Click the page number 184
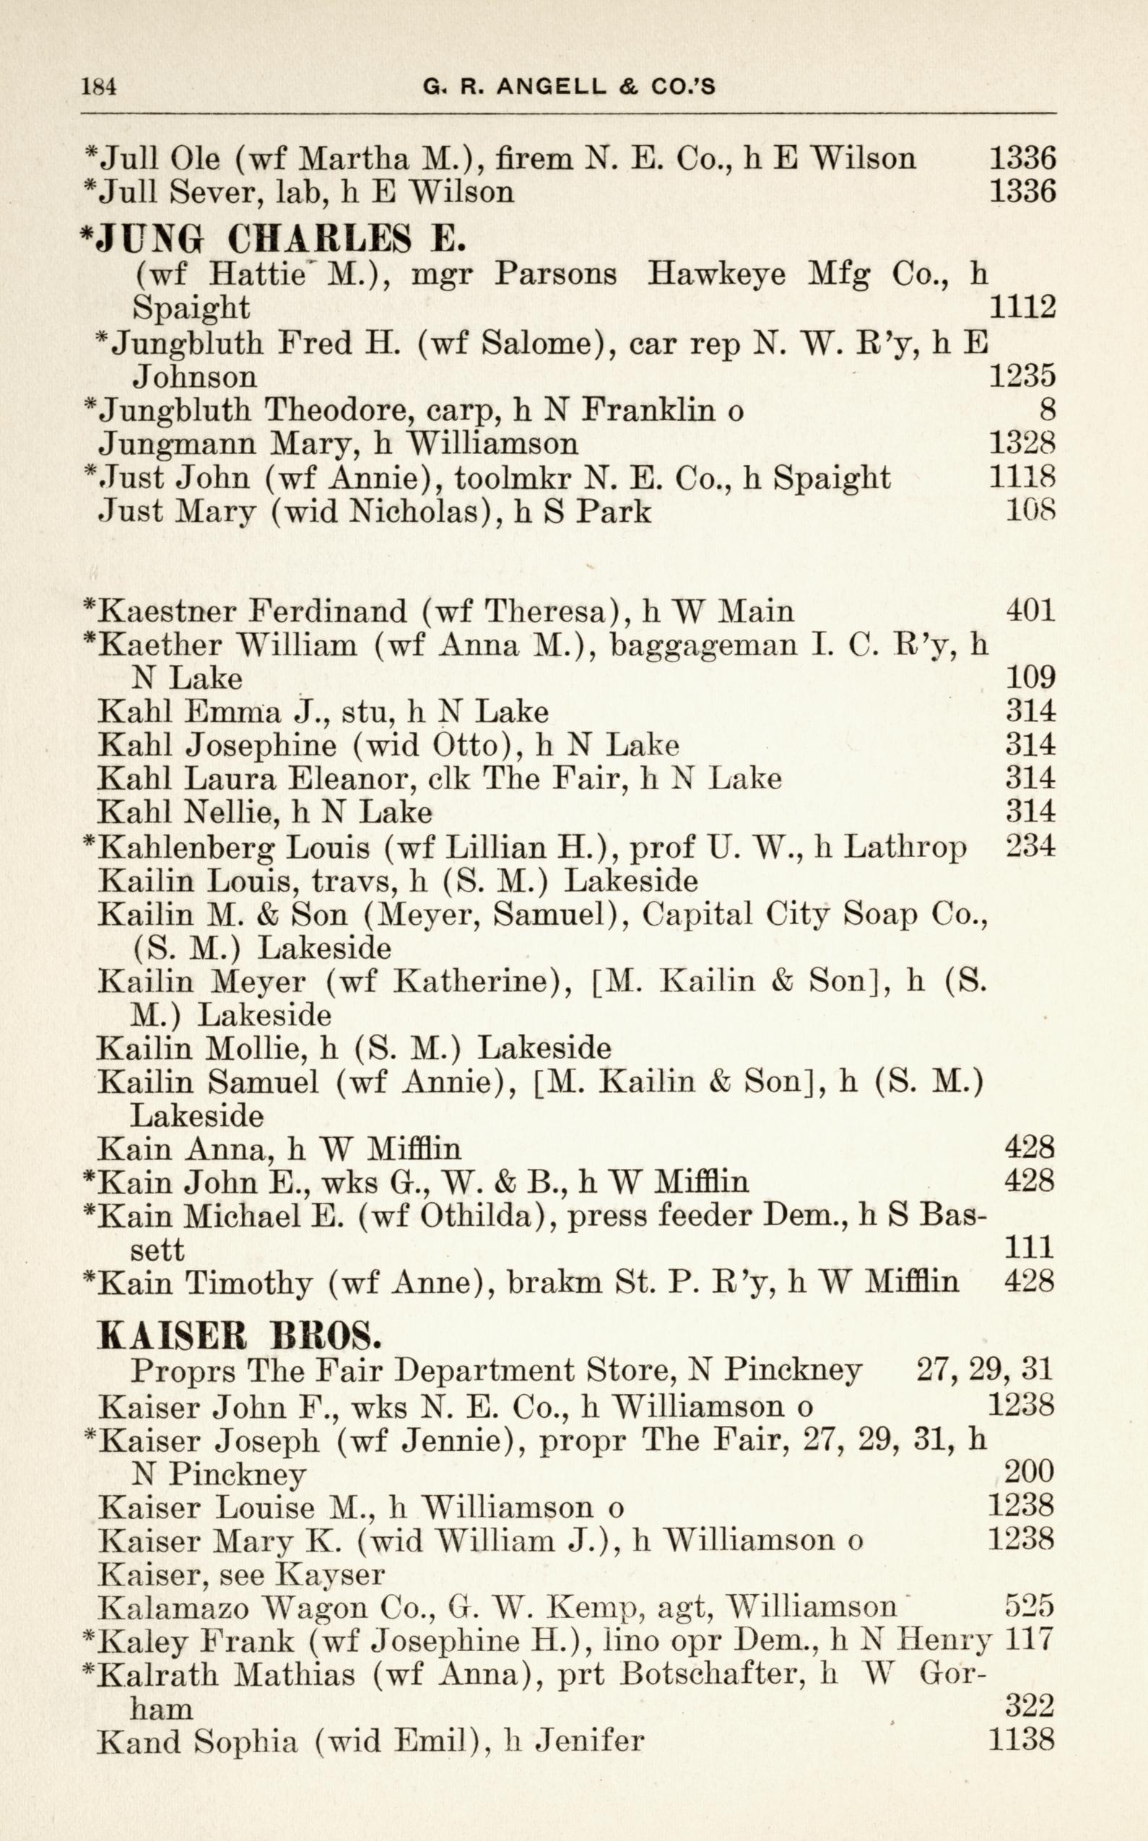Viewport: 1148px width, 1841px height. pos(99,87)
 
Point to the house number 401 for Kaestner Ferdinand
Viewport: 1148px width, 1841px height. pos(1030,611)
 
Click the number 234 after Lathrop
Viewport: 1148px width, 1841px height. pos(1030,846)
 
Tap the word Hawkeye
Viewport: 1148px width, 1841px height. pos(716,274)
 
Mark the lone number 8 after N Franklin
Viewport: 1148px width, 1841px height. pos(1047,411)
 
